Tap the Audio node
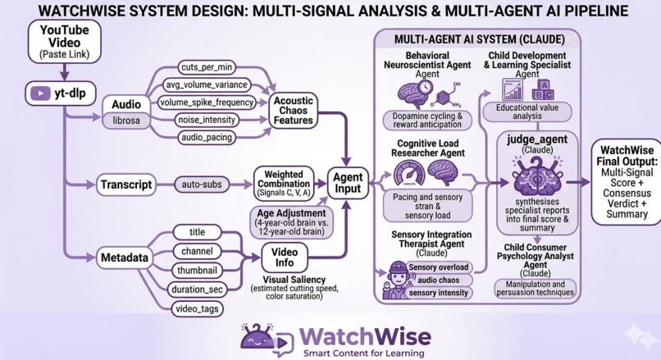[125, 104]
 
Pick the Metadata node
[125, 258]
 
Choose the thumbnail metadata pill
[197, 270]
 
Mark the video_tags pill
[197, 309]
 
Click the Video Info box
[284, 257]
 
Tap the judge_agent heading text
[536, 139]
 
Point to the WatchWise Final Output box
[626, 181]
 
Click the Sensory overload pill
[439, 267]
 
